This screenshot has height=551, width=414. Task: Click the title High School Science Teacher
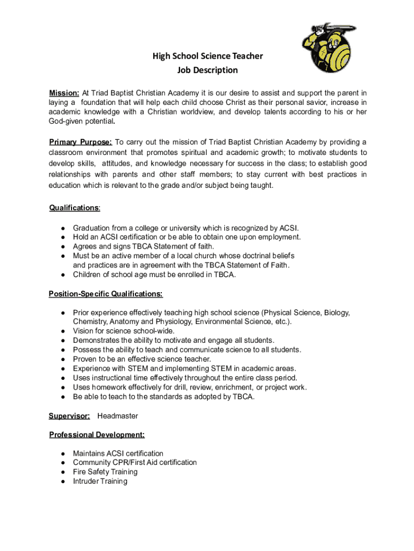[x=208, y=56]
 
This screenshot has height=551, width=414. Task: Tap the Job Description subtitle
[x=208, y=70]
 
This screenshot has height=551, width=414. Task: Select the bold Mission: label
[x=65, y=93]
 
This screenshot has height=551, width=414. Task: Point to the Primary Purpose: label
[x=80, y=142]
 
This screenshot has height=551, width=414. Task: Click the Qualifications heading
[x=74, y=208]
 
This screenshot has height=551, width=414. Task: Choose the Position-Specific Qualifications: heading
[x=105, y=294]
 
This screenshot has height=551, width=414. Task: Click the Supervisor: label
[x=69, y=416]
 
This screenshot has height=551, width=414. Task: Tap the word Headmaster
[x=118, y=416]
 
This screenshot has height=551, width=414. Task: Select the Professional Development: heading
[x=96, y=435]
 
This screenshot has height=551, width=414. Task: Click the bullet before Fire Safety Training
[x=63, y=472]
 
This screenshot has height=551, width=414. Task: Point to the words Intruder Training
[x=100, y=481]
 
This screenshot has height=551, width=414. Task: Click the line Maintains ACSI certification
[x=118, y=454]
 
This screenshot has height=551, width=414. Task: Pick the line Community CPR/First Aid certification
[x=135, y=463]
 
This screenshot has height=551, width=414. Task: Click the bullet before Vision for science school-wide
[x=63, y=331]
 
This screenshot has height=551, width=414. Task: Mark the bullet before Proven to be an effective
[x=63, y=359]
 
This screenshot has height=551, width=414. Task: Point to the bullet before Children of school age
[x=63, y=274]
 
